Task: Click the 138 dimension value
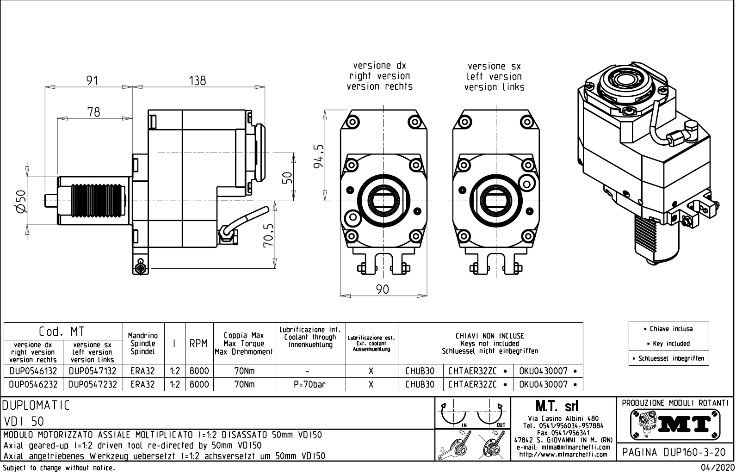click(198, 80)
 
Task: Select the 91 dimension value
click(93, 80)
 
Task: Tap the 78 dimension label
click(93, 112)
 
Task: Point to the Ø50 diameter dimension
click(22, 201)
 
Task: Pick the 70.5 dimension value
click(269, 235)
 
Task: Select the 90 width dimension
click(383, 289)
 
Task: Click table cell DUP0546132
click(33, 371)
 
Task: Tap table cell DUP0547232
click(93, 384)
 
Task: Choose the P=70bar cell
click(310, 384)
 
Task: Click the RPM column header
click(198, 344)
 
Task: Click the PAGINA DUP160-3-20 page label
click(675, 452)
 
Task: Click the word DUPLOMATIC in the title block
click(36, 406)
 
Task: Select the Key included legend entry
click(668, 344)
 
